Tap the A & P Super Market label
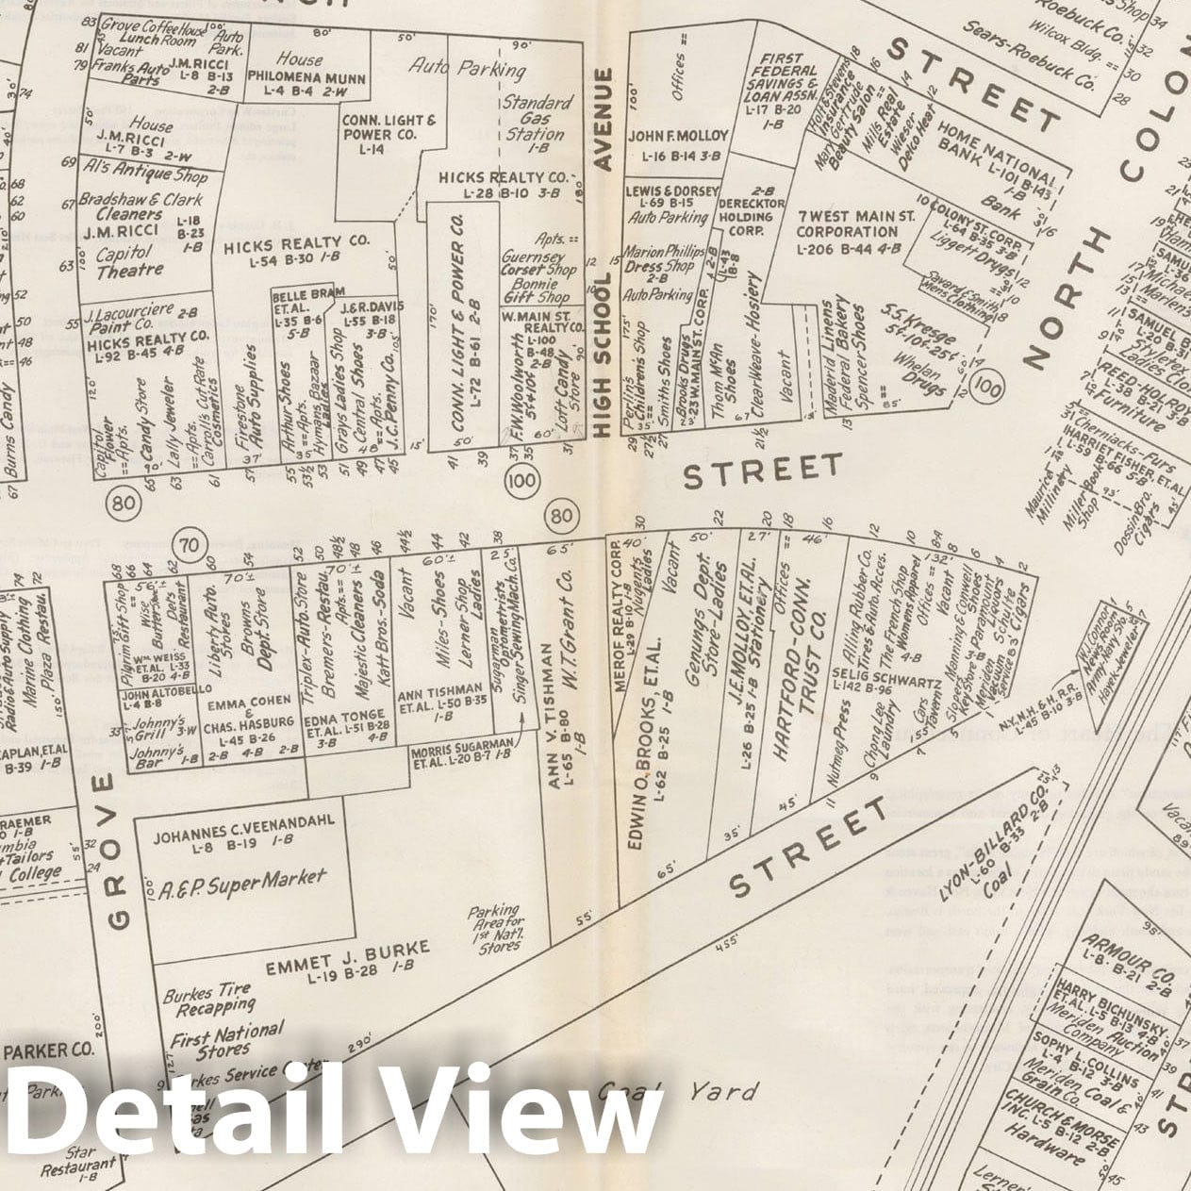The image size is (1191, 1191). point(243,885)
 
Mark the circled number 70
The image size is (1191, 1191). point(190,545)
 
